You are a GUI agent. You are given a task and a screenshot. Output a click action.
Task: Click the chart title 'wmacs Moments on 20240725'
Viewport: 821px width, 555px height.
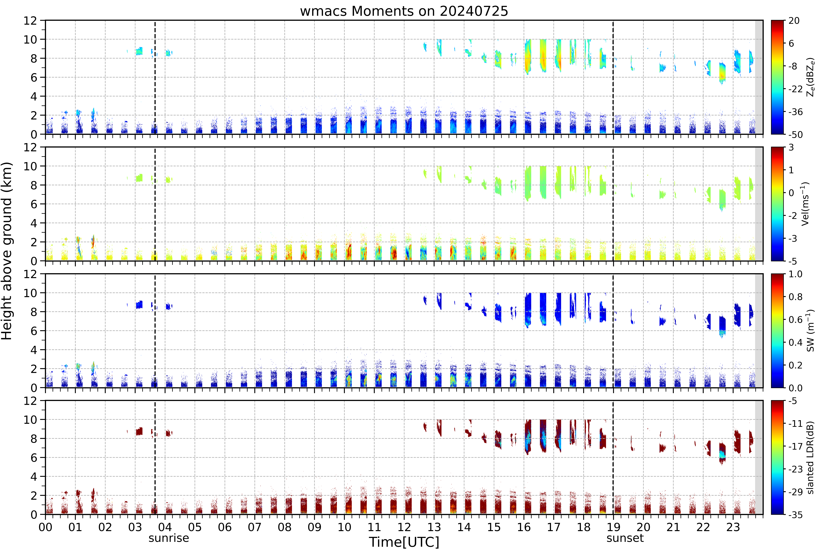(404, 11)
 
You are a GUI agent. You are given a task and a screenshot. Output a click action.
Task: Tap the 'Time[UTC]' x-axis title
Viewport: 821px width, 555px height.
(404, 542)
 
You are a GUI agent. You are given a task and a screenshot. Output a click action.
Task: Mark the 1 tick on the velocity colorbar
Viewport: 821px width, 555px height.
(791, 170)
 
